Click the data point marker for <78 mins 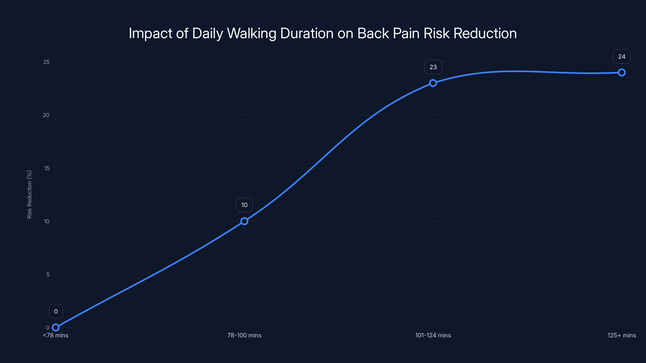point(56,328)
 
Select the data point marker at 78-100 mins point(244,221)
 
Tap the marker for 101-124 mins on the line point(433,83)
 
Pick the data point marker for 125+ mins point(622,72)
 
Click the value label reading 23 point(433,67)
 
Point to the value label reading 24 point(622,57)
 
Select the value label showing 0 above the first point point(56,311)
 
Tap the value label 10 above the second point point(244,205)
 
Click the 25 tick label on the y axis point(46,62)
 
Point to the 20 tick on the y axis point(46,115)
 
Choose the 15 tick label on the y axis point(47,168)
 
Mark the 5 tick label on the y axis point(48,274)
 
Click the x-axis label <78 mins point(56,335)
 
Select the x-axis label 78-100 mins point(244,335)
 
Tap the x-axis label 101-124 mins point(433,335)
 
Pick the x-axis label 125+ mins point(622,335)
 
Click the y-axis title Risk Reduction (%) point(29,194)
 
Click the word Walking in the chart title point(252,33)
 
